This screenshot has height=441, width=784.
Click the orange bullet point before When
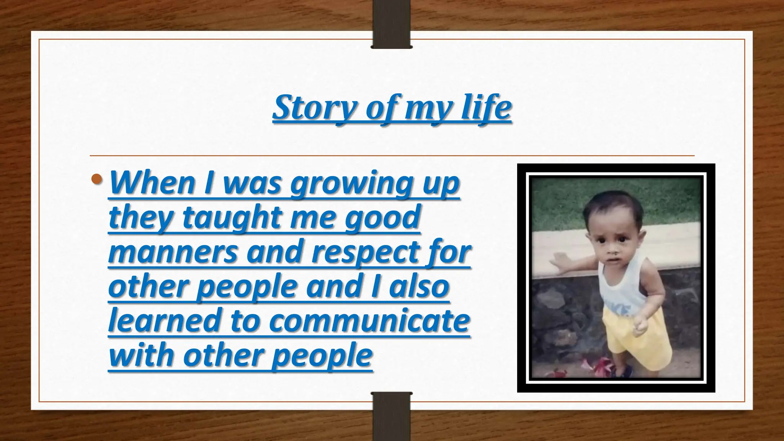pyautogui.click(x=97, y=179)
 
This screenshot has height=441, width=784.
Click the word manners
pyautogui.click(x=173, y=252)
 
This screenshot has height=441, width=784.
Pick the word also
pyautogui.click(x=419, y=286)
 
